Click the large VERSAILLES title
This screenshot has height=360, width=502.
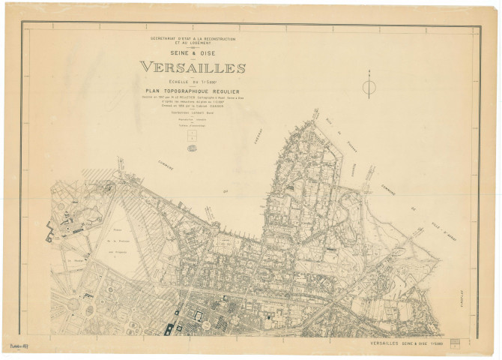[193, 67]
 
